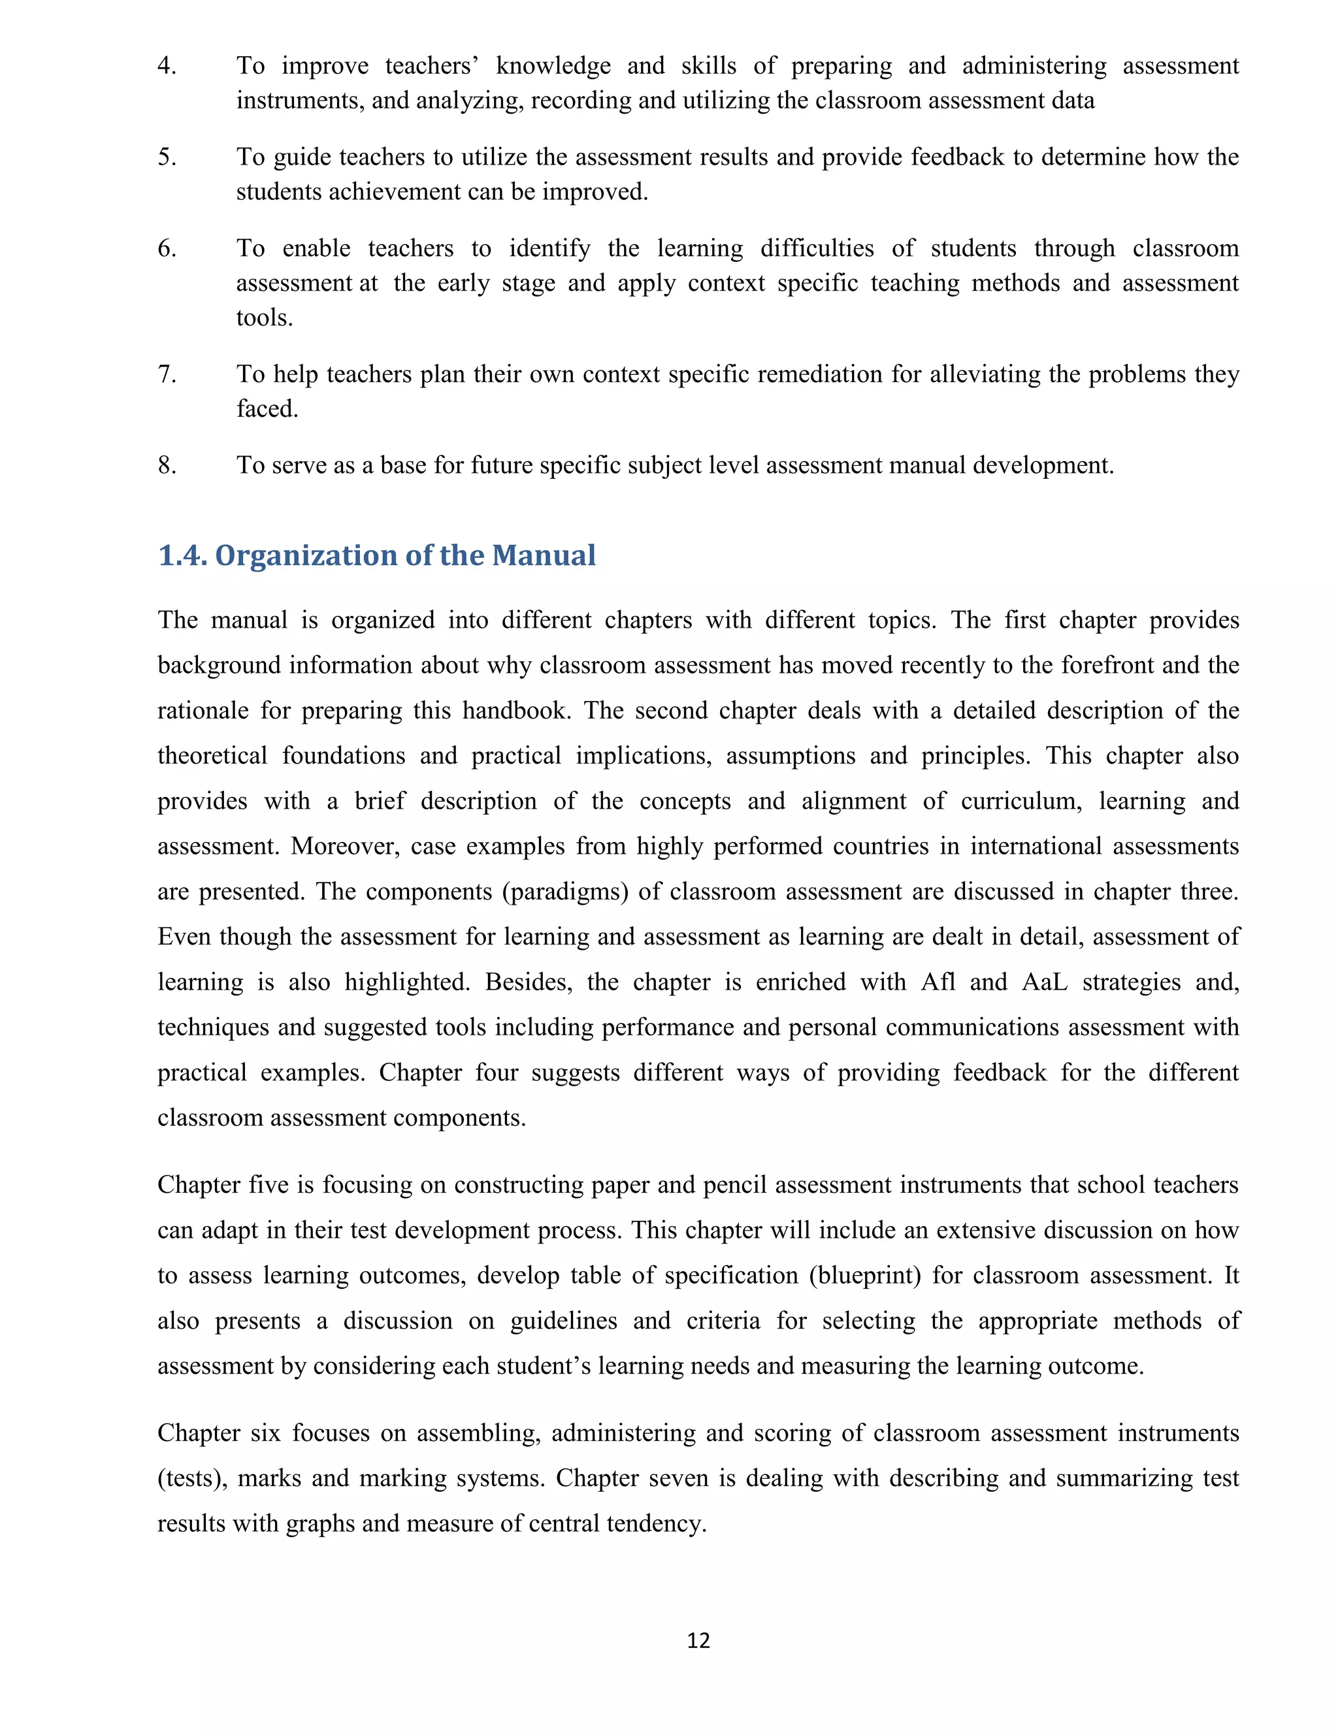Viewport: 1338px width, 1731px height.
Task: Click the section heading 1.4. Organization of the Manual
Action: click(x=376, y=556)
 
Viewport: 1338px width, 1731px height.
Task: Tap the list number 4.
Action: click(x=167, y=66)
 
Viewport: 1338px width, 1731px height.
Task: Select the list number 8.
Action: click(x=167, y=465)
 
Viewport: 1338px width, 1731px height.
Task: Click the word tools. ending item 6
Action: click(x=264, y=318)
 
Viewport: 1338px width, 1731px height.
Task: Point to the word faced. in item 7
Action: click(x=267, y=409)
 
